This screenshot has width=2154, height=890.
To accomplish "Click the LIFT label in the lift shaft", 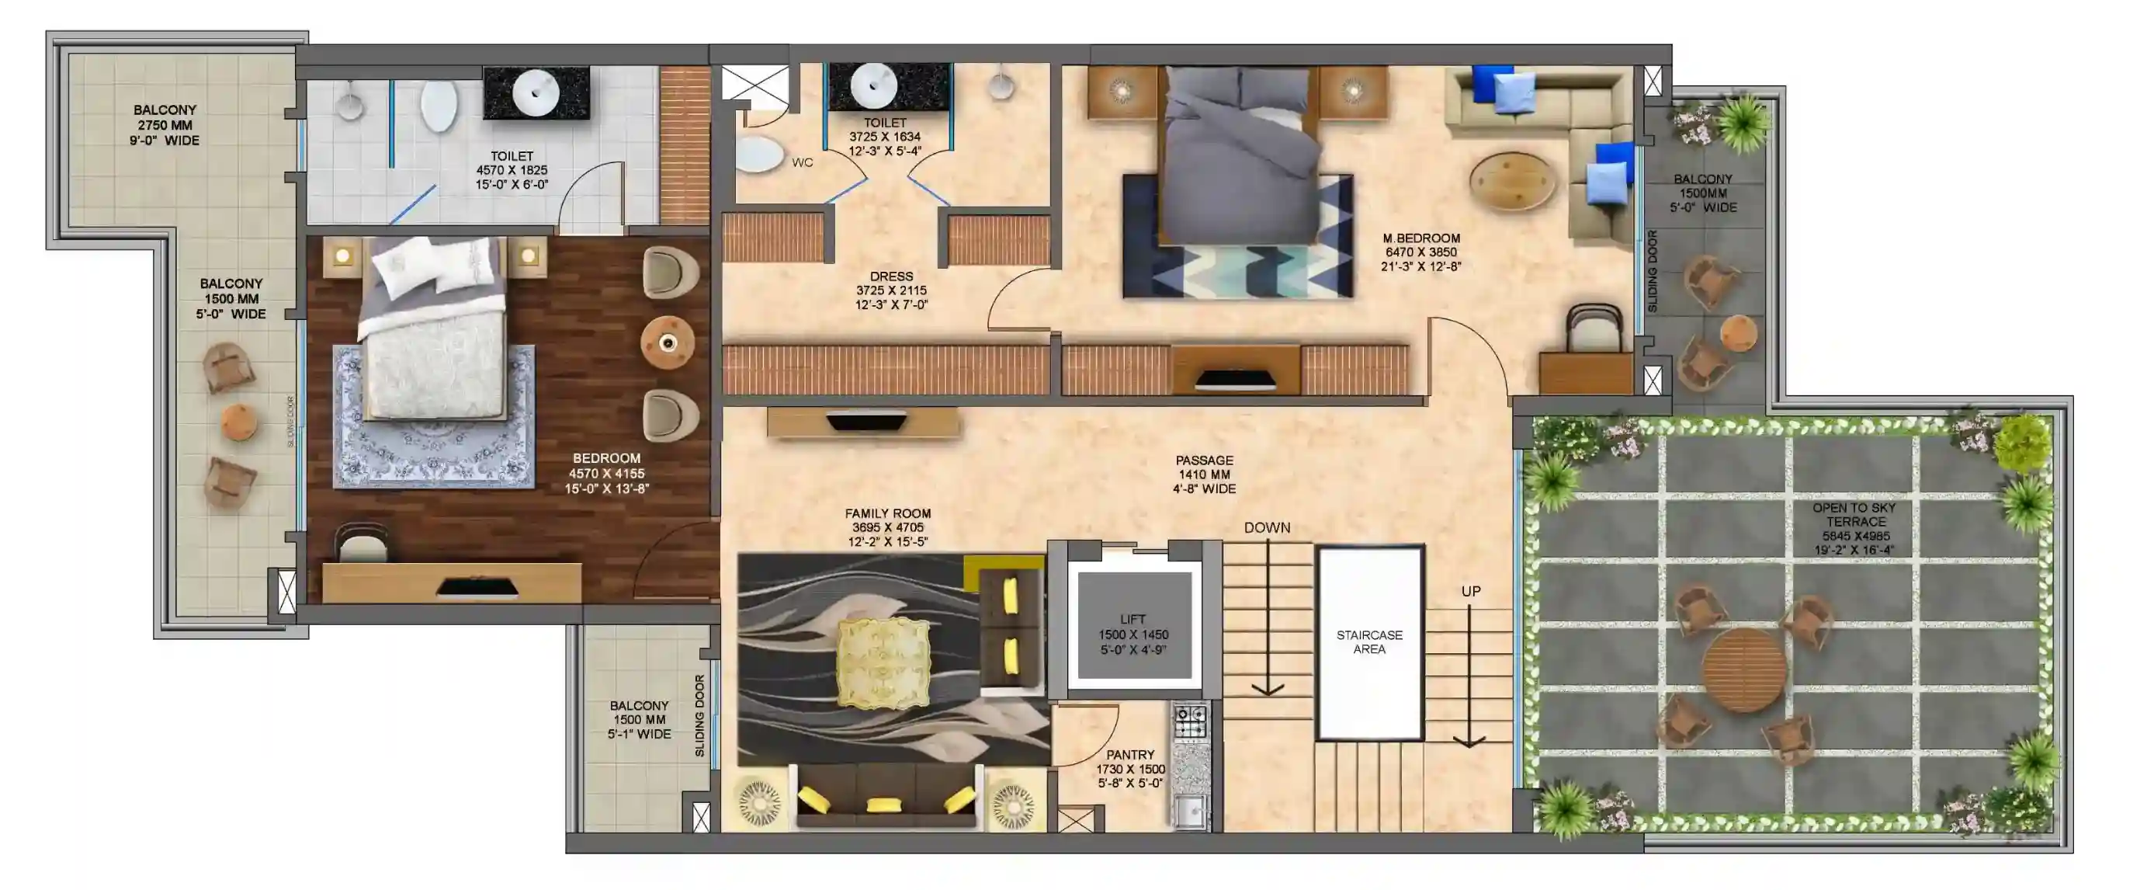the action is click(1133, 620).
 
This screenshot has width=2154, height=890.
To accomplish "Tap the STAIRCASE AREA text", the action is click(1370, 642).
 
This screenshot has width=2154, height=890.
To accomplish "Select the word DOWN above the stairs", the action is click(1267, 528).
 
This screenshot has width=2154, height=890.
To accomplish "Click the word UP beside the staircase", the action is click(1471, 591).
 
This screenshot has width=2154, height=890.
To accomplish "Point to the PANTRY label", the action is click(1130, 755).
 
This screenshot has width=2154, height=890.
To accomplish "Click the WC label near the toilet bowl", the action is click(802, 162).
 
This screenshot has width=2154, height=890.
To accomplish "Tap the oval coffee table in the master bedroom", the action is click(1514, 182).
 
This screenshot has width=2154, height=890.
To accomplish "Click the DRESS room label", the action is click(891, 276).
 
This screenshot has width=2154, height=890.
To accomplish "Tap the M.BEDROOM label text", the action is click(1421, 238).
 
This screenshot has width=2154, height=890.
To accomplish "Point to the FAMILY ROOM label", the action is click(888, 513).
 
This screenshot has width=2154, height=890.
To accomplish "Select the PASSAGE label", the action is click(1204, 460).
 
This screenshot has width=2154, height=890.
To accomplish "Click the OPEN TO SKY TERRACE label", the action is click(1854, 514).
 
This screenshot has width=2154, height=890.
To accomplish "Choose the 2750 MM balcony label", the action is click(165, 124).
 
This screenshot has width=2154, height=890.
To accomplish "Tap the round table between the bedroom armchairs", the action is click(668, 343).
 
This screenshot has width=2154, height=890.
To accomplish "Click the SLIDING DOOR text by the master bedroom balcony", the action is click(1652, 272).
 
